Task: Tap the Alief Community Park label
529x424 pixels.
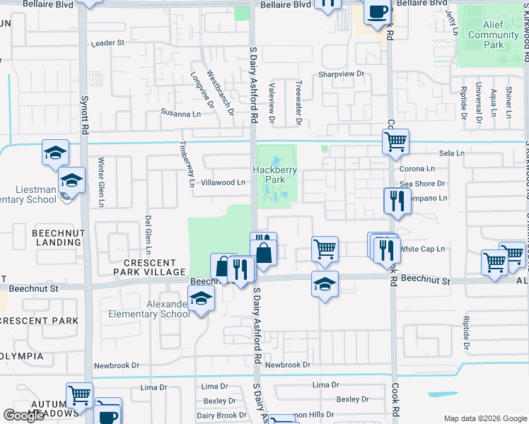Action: tap(493, 35)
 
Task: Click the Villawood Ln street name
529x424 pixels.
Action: tap(223, 182)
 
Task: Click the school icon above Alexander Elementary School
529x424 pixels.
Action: tap(202, 300)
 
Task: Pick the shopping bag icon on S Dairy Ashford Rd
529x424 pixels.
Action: tap(264, 252)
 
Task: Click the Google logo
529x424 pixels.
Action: tap(23, 416)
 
